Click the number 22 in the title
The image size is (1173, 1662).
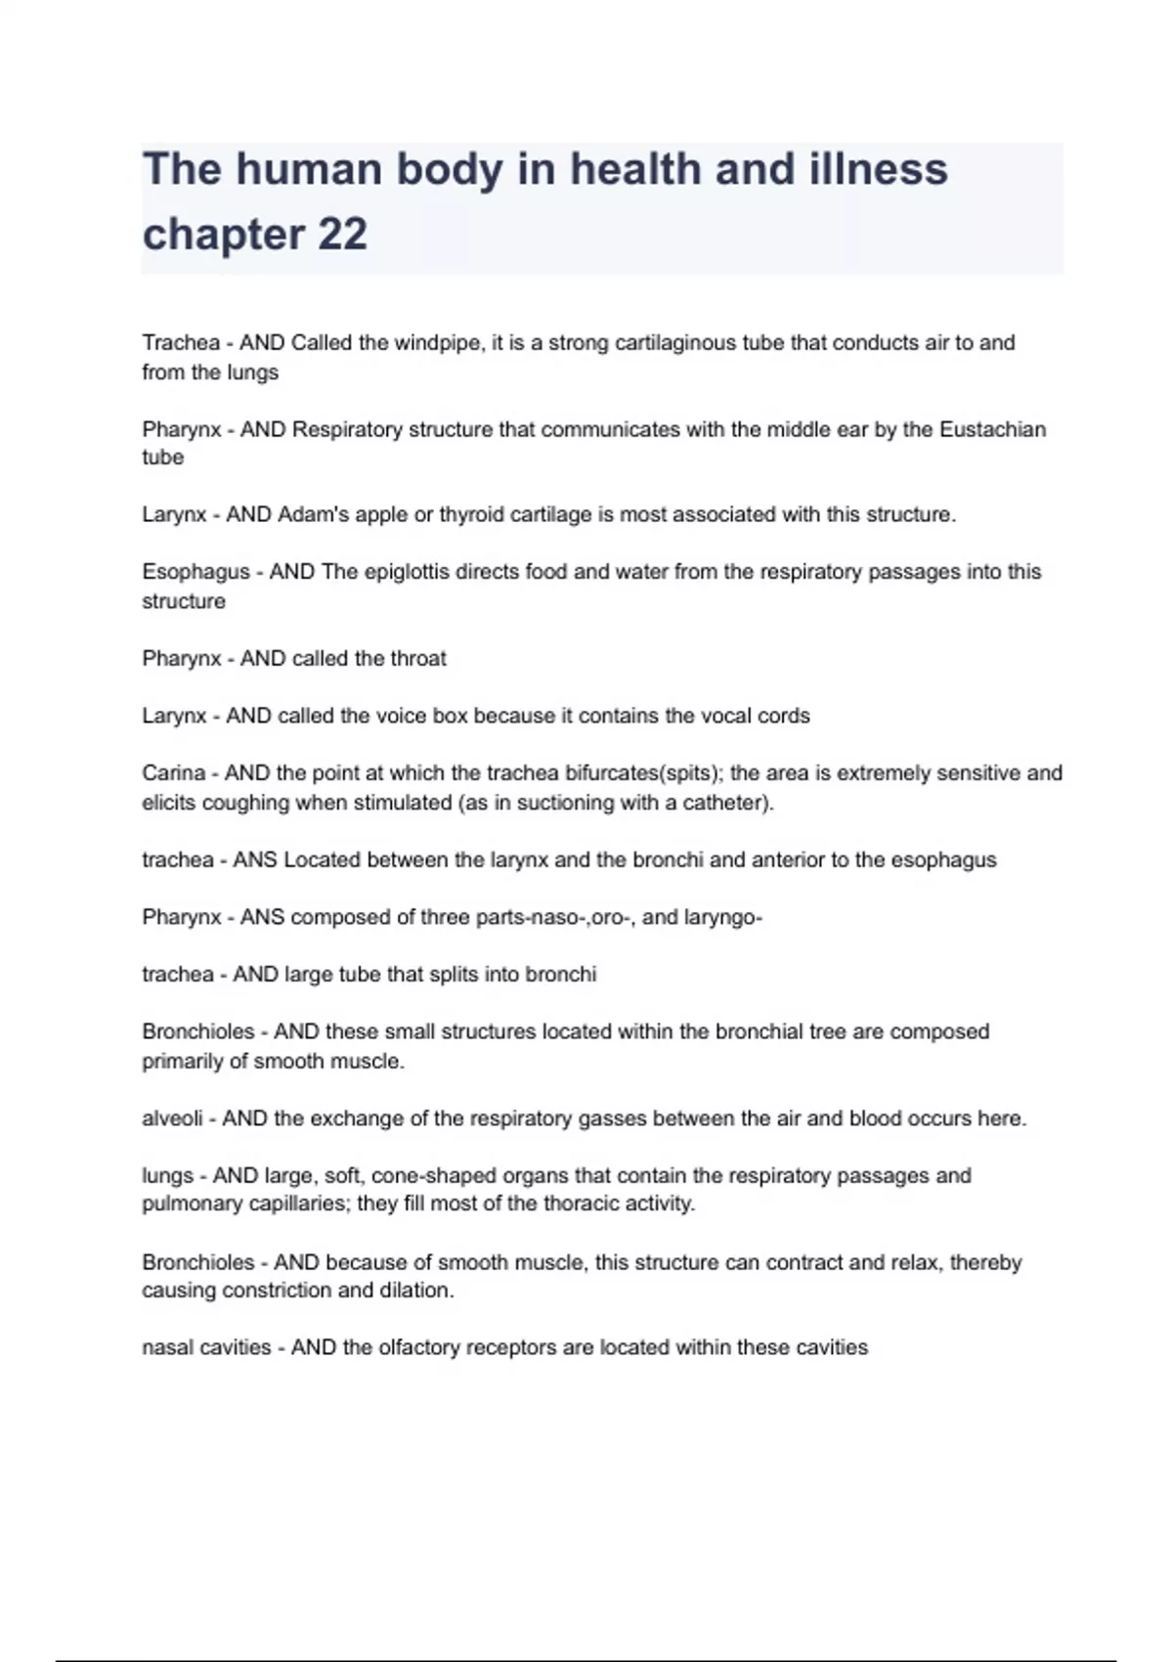pos(342,235)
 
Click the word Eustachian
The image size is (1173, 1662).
pos(992,429)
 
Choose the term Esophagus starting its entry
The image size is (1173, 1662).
pos(195,572)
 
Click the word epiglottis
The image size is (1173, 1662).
pos(413,572)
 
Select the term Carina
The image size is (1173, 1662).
pos(173,773)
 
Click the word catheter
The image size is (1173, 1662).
pos(723,803)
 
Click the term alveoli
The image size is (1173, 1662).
pos(172,1118)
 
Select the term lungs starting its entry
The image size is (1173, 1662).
pos(167,1175)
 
